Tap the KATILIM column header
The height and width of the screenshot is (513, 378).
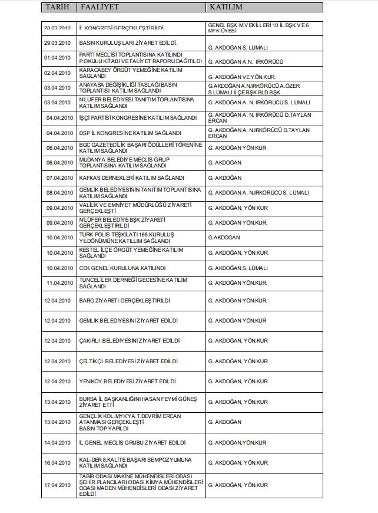tap(226, 7)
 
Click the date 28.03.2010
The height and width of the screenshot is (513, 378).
tap(57, 28)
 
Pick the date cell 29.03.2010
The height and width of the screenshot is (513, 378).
tap(57, 44)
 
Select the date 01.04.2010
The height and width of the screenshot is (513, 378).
tap(57, 58)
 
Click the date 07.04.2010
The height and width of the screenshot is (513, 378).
tap(57, 177)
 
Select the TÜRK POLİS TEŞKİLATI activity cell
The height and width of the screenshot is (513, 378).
tap(126, 238)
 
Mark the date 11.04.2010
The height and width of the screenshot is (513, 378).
tap(57, 283)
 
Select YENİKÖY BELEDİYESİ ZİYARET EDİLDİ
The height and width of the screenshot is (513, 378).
tap(128, 382)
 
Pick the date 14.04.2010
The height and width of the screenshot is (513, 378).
tap(57, 442)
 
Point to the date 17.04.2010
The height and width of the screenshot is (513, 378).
tap(57, 485)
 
